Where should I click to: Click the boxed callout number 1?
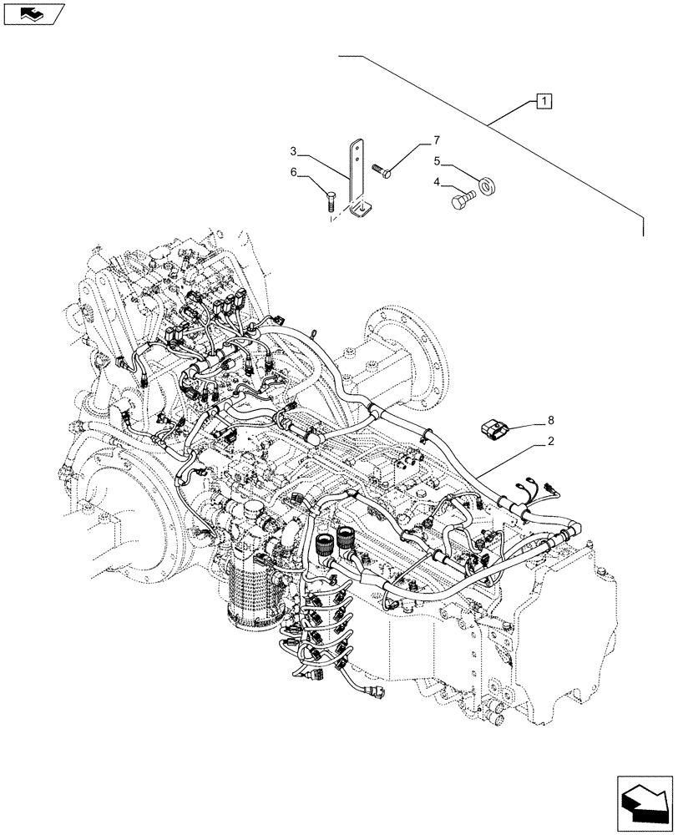click(543, 102)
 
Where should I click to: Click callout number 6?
click(294, 172)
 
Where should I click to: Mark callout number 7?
click(435, 139)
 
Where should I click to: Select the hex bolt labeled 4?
click(462, 200)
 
